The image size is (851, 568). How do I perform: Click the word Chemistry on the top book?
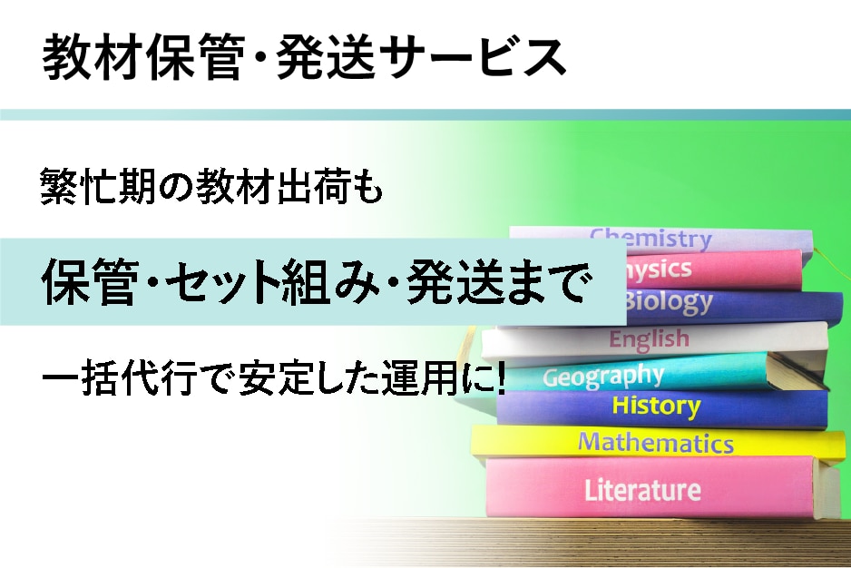coord(650,239)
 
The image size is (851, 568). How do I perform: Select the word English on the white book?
coord(649,339)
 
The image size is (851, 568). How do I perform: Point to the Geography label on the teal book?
coord(603,375)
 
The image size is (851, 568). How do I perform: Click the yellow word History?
coord(656,406)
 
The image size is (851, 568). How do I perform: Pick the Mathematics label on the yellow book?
coord(656,443)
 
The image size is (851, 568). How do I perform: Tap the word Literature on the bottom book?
coord(642,490)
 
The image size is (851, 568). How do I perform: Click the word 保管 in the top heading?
coord(190,58)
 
